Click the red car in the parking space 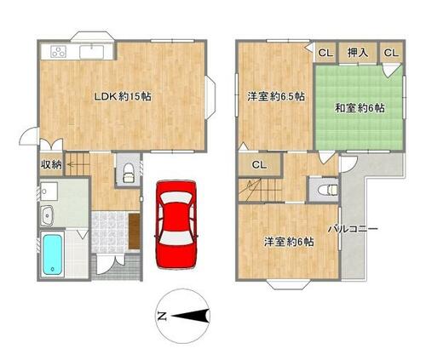pyautogui.click(x=176, y=225)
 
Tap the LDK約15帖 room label pyautogui.click(x=123, y=97)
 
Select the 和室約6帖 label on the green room pyautogui.click(x=360, y=108)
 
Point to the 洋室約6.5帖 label pyautogui.click(x=276, y=97)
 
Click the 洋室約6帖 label pyautogui.click(x=289, y=242)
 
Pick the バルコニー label pyautogui.click(x=353, y=229)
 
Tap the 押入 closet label pyautogui.click(x=358, y=53)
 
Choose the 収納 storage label pyautogui.click(x=51, y=165)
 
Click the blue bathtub pyautogui.click(x=53, y=254)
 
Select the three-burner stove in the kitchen pyautogui.click(x=59, y=52)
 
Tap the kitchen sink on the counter pyautogui.click(x=91, y=52)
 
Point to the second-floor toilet pyautogui.click(x=327, y=190)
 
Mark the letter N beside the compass pyautogui.click(x=162, y=316)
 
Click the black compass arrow pyautogui.click(x=190, y=316)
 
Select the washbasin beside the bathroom pyautogui.click(x=47, y=215)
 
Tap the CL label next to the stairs pyautogui.click(x=260, y=165)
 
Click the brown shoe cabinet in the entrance pyautogui.click(x=135, y=231)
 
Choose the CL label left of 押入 pyautogui.click(x=325, y=53)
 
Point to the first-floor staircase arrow pyautogui.click(x=73, y=164)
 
